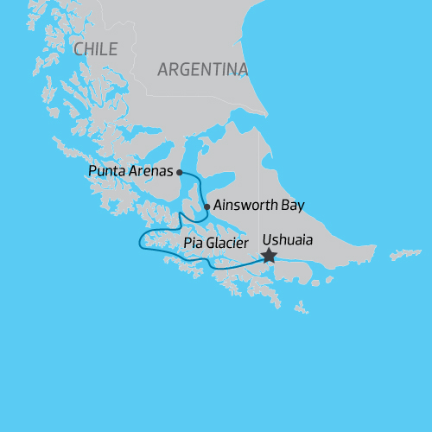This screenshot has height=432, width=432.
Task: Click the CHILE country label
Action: pos(96,49)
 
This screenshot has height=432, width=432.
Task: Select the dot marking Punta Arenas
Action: pos(180,172)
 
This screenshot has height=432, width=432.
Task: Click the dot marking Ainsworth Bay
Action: pos(206,206)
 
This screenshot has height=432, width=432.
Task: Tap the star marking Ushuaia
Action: pos(269,256)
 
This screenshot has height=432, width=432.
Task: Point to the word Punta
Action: pos(106,171)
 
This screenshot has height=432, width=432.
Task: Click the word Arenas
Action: pos(149,171)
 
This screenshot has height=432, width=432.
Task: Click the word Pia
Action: pos(194,245)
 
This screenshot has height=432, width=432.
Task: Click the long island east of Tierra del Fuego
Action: pos(405,254)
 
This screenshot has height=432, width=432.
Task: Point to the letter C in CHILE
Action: pos(79,49)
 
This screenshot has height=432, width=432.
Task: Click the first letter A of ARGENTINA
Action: pos(163,70)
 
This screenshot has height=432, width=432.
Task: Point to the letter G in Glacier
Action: pos(213,245)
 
